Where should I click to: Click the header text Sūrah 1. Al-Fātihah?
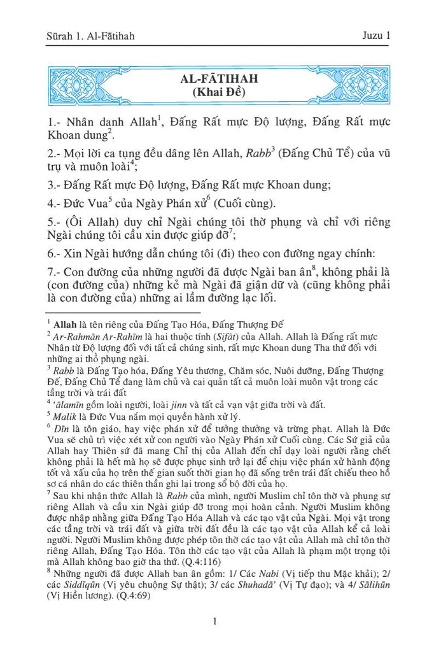(89, 36)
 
